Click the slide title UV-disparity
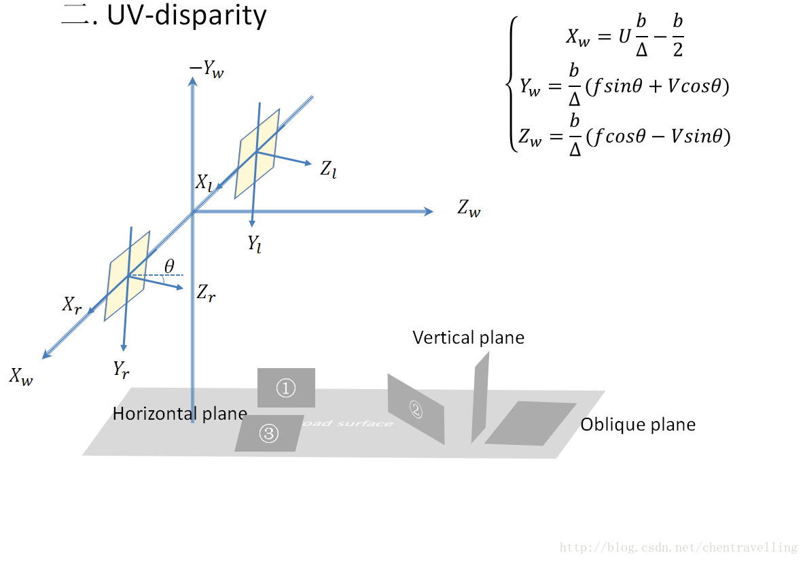[163, 15]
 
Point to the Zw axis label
[469, 209]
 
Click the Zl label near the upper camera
[328, 169]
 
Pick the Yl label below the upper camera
[255, 244]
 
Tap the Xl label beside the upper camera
[204, 182]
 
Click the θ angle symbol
[169, 266]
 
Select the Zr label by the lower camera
[206, 293]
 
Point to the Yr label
[122, 369]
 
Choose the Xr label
[72, 305]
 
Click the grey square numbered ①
[286, 387]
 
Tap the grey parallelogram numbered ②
[415, 408]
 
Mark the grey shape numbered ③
[269, 433]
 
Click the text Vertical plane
[468, 338]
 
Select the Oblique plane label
[638, 425]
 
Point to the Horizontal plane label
[179, 414]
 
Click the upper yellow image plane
[257, 153]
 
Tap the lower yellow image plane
[127, 276]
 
